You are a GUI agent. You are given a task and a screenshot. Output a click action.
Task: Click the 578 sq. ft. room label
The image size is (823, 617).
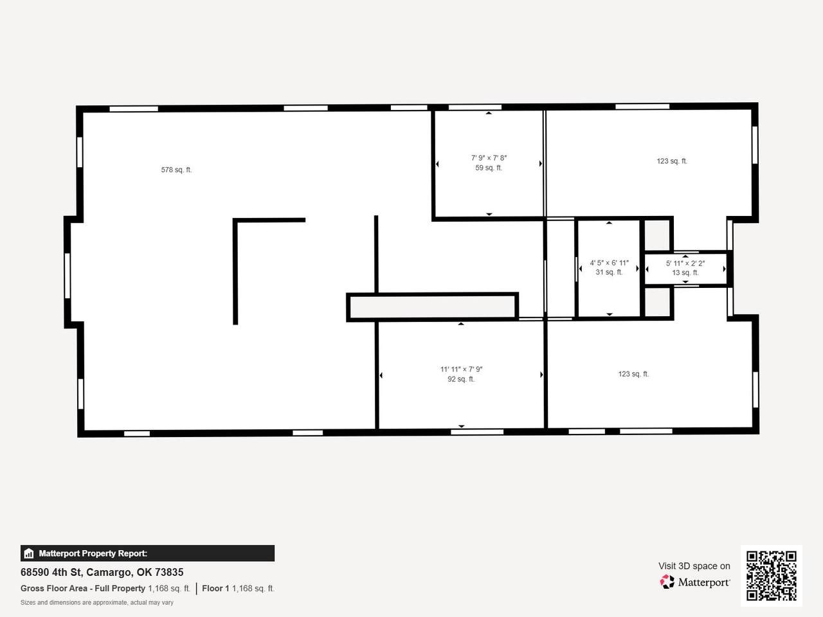(176, 170)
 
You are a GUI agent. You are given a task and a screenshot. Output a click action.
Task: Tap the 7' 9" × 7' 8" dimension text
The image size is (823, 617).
(489, 158)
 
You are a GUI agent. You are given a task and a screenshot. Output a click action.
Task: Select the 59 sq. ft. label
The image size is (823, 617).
(489, 168)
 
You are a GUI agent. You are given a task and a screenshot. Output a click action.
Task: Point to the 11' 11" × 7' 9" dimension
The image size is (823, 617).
(461, 370)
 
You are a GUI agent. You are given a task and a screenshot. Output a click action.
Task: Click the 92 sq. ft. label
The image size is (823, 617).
(461, 379)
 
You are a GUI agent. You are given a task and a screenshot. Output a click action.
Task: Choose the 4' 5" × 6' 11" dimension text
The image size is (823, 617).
(610, 263)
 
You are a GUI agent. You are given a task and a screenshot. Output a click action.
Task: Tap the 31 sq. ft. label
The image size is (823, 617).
(609, 273)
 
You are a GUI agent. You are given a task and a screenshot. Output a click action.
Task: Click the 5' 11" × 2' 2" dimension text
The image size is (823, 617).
(685, 264)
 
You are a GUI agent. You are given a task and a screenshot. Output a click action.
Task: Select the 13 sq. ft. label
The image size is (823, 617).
(685, 273)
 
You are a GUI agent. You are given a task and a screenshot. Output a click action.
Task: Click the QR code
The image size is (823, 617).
(772, 576)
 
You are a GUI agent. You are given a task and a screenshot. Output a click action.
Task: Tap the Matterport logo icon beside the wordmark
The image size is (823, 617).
(667, 582)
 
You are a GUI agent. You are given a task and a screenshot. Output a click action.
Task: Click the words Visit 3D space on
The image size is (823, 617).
(694, 566)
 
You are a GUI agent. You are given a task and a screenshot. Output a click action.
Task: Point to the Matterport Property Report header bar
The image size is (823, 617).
(147, 553)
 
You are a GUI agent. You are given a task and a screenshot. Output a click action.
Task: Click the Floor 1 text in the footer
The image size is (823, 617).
(215, 589)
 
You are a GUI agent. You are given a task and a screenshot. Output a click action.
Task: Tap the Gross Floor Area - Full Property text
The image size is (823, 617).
(82, 589)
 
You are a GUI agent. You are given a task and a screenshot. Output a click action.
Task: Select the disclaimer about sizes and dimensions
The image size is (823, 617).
(96, 603)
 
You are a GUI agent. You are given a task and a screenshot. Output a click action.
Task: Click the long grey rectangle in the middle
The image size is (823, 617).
(432, 307)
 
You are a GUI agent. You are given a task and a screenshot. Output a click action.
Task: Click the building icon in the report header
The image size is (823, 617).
(29, 553)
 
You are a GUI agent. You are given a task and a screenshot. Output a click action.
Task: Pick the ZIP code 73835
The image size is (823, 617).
(169, 573)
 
